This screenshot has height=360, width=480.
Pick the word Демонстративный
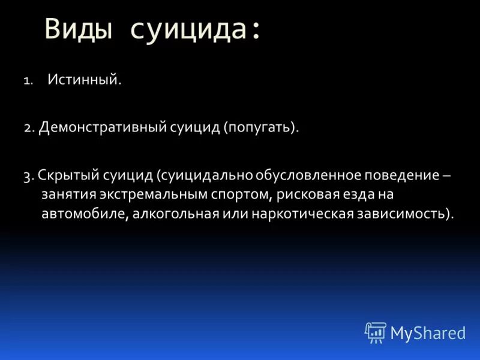coord(98,128)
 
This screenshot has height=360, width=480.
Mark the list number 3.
coord(29,176)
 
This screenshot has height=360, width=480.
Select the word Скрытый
coord(63,176)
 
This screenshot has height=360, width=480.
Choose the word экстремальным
coord(145,195)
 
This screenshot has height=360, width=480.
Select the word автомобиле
coord(82,214)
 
